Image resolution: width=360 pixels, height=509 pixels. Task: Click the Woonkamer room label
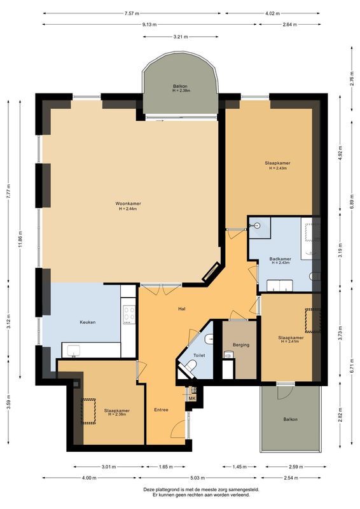pyautogui.click(x=128, y=204)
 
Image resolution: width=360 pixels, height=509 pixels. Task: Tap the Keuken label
pyautogui.click(x=88, y=323)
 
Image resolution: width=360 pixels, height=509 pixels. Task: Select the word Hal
pyautogui.click(x=181, y=309)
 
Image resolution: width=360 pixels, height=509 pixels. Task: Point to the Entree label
pyautogui.click(x=161, y=409)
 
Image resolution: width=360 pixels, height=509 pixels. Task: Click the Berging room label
pyautogui.click(x=241, y=345)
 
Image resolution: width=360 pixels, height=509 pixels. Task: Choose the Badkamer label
pyautogui.click(x=280, y=259)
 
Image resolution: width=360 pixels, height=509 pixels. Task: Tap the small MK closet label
pyautogui.click(x=191, y=398)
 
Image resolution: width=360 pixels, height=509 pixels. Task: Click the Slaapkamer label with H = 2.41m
pyautogui.click(x=291, y=338)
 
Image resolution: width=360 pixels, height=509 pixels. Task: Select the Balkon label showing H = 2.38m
pyautogui.click(x=181, y=87)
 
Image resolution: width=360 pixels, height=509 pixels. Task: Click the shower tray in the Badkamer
pyautogui.click(x=258, y=227)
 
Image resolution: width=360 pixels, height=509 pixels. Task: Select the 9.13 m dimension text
pyautogui.click(x=132, y=25)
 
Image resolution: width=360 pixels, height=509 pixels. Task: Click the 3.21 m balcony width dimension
pyautogui.click(x=181, y=37)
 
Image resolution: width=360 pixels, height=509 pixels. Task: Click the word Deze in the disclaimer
pyautogui.click(x=149, y=489)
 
